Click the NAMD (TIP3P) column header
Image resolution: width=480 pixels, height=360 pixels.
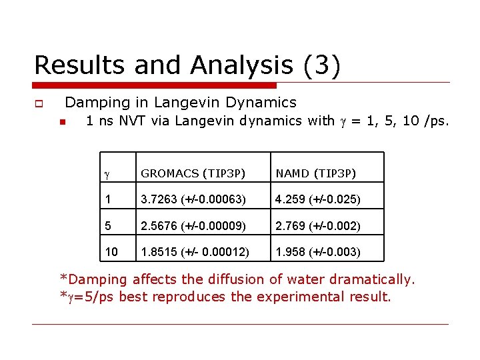(x=317, y=174)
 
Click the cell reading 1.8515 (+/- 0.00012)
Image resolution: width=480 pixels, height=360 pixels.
(x=195, y=252)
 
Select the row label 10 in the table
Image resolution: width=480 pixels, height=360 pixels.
(x=111, y=252)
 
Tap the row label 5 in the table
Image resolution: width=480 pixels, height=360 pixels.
(x=107, y=226)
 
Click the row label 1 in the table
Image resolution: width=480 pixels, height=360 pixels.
(x=107, y=199)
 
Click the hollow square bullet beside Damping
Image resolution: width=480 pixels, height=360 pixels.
(x=39, y=104)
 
